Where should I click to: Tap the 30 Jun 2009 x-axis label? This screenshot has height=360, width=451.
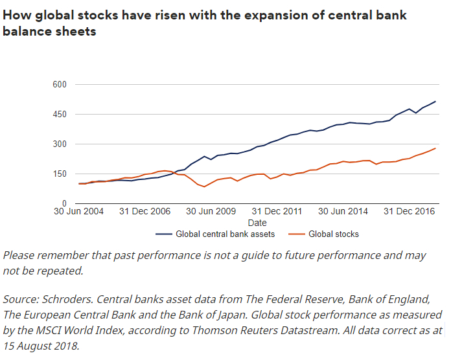pyautogui.click(x=212, y=212)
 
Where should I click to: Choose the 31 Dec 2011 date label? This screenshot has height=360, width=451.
pyautogui.click(x=276, y=212)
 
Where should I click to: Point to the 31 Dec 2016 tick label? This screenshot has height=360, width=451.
pyautogui.click(x=409, y=212)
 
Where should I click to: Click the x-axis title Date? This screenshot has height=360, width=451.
pyautogui.click(x=257, y=223)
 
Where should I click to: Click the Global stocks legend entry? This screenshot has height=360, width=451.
pyautogui.click(x=333, y=234)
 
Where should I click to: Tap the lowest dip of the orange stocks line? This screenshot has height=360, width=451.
pyautogui.click(x=204, y=186)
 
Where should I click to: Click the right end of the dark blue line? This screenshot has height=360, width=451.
pyautogui.click(x=435, y=101)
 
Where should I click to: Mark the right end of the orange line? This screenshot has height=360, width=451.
pyautogui.click(x=435, y=148)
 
